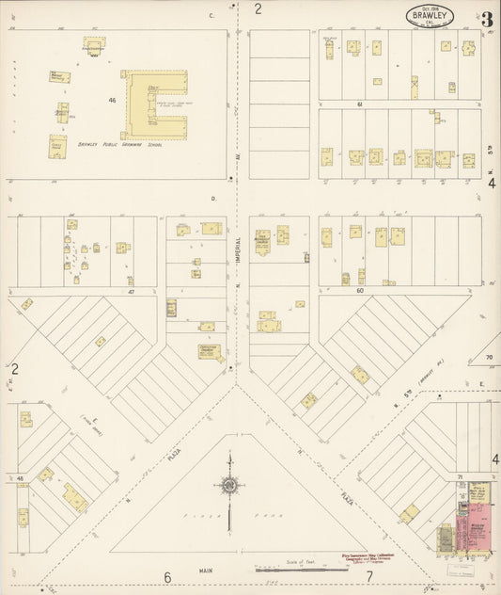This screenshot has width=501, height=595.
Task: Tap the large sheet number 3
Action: click(x=487, y=19)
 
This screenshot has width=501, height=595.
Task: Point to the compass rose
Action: click(x=228, y=486)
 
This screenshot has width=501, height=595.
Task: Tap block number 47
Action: click(x=133, y=293)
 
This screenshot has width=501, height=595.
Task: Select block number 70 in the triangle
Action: click(x=489, y=358)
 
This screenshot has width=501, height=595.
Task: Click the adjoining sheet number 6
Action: click(x=168, y=577)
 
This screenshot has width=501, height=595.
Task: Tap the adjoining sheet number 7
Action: click(x=369, y=577)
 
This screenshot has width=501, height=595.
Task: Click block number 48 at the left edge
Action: click(x=20, y=479)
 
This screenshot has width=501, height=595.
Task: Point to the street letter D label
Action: click(x=213, y=199)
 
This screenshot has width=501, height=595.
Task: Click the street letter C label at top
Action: click(x=211, y=16)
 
